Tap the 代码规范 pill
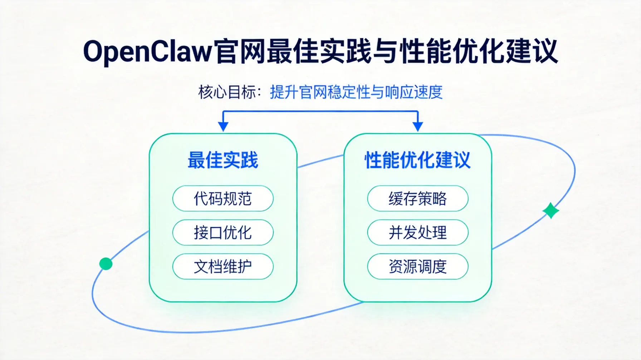[223, 198]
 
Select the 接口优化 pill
[223, 232]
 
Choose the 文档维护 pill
[223, 266]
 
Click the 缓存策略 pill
[417, 198]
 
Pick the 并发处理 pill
[417, 232]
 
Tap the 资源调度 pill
[417, 266]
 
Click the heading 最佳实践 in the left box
[222, 160]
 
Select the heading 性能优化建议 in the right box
[417, 160]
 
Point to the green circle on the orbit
[106, 264]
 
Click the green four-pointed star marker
[551, 211]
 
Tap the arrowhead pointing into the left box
[223, 127]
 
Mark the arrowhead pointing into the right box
[418, 127]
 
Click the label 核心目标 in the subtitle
[227, 92]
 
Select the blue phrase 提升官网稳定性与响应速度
[356, 92]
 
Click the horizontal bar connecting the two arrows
[320, 111]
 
